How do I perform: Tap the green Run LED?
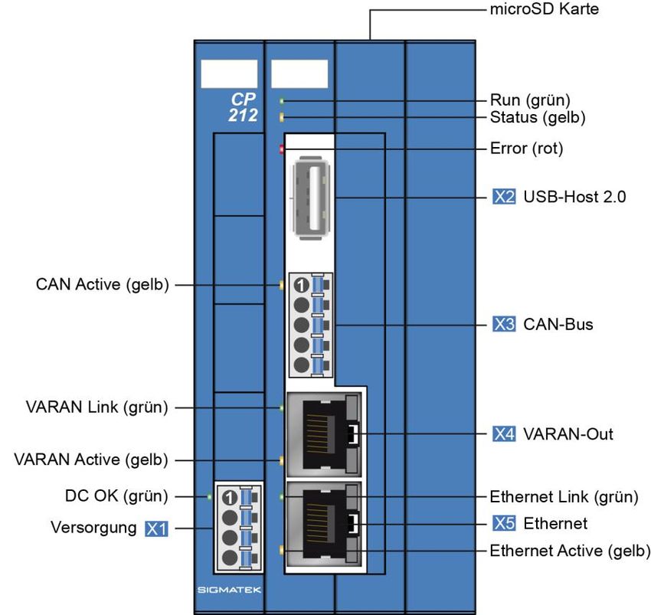pos(283,100)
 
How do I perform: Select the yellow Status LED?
pos(283,117)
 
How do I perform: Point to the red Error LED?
pos(282,149)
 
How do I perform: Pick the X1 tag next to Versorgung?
pos(156,528)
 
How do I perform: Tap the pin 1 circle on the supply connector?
pos(228,498)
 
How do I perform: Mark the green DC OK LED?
pos(209,496)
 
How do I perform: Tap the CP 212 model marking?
pos(244,108)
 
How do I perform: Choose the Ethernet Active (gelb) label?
pos(570,551)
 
